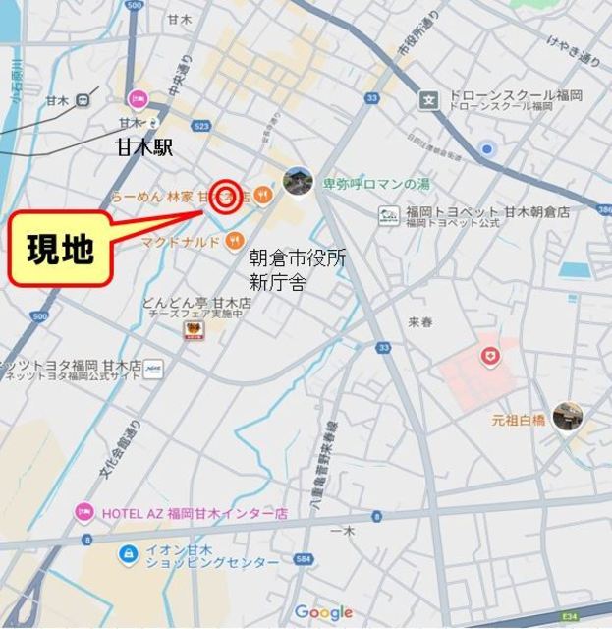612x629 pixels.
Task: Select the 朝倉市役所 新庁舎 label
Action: pyautogui.click(x=296, y=267)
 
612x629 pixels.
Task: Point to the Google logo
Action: pyautogui.click(x=323, y=612)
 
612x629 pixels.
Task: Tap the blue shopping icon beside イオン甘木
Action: pyautogui.click(x=126, y=555)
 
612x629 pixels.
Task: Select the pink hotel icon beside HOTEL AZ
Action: pyautogui.click(x=84, y=513)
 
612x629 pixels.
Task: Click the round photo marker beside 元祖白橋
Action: pyautogui.click(x=566, y=416)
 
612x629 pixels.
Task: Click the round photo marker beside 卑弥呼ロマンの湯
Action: pyautogui.click(x=298, y=181)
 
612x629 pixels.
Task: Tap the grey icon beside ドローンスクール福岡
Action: pyautogui.click(x=428, y=99)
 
